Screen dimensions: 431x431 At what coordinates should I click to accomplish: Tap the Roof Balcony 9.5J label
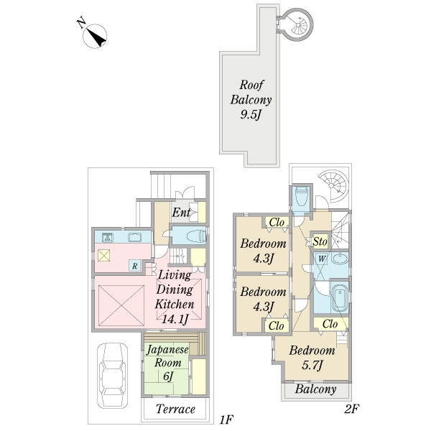(x=251, y=100)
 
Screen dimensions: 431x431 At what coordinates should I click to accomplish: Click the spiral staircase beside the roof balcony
(x=298, y=25)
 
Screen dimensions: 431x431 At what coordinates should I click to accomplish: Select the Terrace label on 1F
(x=176, y=409)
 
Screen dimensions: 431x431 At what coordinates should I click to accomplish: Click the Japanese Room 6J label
(x=167, y=363)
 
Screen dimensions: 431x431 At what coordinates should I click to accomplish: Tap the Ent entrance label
(x=181, y=212)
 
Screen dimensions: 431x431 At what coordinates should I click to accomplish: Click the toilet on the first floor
(x=196, y=236)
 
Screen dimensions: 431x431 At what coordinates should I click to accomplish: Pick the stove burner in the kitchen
(x=107, y=238)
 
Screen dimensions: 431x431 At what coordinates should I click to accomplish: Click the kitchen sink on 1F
(x=135, y=237)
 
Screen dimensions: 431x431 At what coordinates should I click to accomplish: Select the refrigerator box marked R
(x=134, y=266)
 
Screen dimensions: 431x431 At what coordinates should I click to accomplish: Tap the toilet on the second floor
(x=301, y=196)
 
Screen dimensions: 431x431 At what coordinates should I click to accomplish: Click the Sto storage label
(x=320, y=241)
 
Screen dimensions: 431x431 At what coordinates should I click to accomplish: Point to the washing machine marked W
(x=321, y=259)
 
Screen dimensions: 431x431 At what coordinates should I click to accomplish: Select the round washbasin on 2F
(x=340, y=259)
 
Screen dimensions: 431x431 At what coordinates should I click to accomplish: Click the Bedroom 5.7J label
(x=312, y=358)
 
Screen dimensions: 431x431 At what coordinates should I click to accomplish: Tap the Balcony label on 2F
(x=316, y=389)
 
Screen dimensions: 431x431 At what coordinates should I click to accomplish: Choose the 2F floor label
(x=351, y=409)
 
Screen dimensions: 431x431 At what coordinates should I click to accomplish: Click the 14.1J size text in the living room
(x=175, y=319)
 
